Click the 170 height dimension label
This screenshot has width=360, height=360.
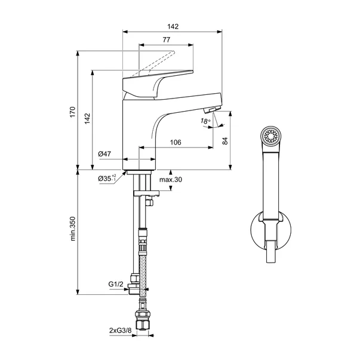point(73,112)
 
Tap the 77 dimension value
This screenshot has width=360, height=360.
point(167,40)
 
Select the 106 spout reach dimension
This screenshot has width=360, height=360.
point(176,142)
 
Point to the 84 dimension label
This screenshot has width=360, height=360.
point(225,141)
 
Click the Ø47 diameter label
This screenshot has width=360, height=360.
point(104,154)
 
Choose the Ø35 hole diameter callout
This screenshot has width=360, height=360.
point(107,178)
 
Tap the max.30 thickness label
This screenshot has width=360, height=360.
point(171,179)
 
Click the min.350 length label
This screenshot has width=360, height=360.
point(73,229)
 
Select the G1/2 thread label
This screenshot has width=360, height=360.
point(116,284)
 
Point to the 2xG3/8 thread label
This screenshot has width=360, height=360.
point(121,330)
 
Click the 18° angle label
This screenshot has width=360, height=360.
point(205,121)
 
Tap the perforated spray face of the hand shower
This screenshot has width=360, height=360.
point(271,136)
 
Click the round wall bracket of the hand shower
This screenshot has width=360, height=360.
point(253,230)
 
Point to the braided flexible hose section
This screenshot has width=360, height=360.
point(143,275)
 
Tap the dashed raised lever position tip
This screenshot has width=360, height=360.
point(173,53)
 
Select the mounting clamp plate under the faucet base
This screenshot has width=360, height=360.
point(146,193)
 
